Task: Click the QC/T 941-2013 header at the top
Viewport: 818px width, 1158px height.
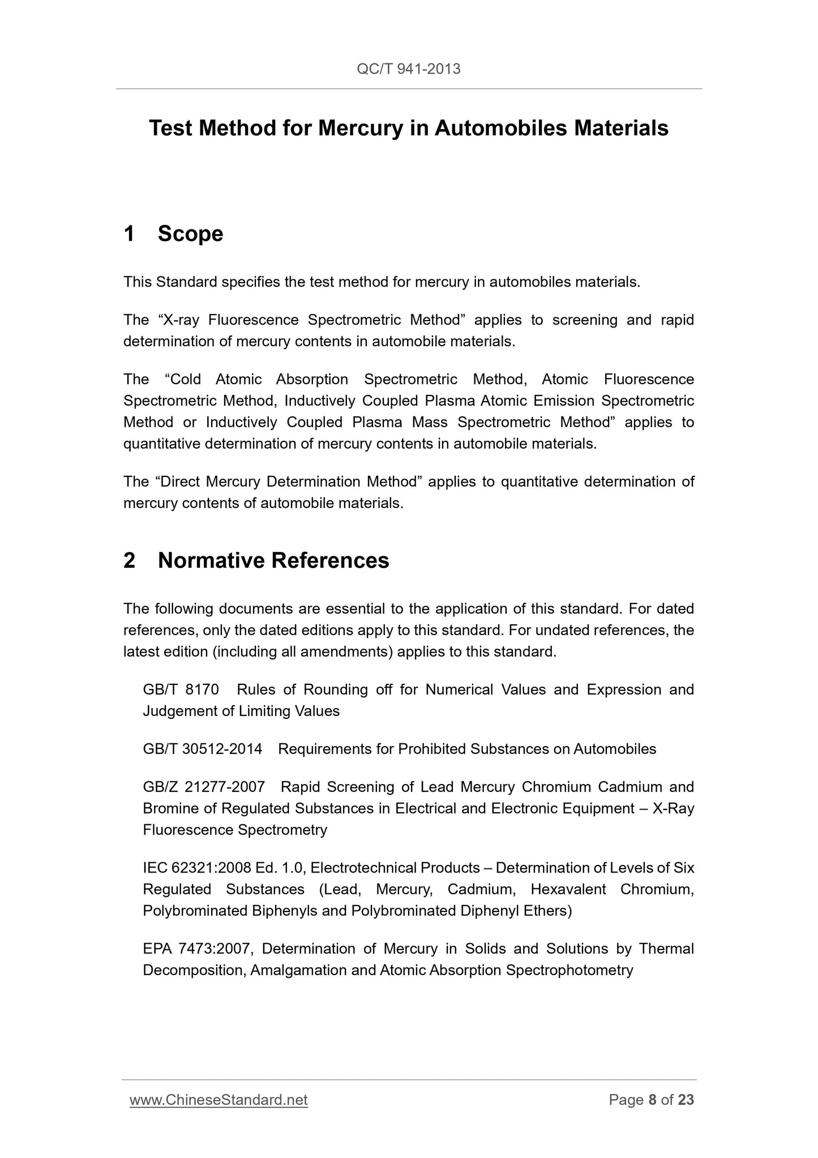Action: tap(408, 69)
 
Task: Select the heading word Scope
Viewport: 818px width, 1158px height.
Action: tap(190, 234)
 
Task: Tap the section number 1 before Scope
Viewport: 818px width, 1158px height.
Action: tap(129, 234)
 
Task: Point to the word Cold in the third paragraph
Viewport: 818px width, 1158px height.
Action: tap(185, 379)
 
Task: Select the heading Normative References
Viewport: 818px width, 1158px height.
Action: tap(273, 560)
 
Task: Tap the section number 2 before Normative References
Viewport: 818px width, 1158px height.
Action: tap(129, 560)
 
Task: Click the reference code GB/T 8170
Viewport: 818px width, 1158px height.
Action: tap(181, 689)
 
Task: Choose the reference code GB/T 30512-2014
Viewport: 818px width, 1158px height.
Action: tap(203, 749)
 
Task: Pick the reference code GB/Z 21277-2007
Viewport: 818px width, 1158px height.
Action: tap(204, 787)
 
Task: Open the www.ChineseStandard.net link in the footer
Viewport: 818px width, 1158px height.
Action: tap(219, 1100)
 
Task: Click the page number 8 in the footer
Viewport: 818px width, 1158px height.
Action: tap(652, 1100)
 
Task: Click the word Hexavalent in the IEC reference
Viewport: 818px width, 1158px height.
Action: tap(568, 889)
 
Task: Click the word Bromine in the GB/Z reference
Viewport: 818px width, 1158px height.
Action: tap(168, 808)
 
